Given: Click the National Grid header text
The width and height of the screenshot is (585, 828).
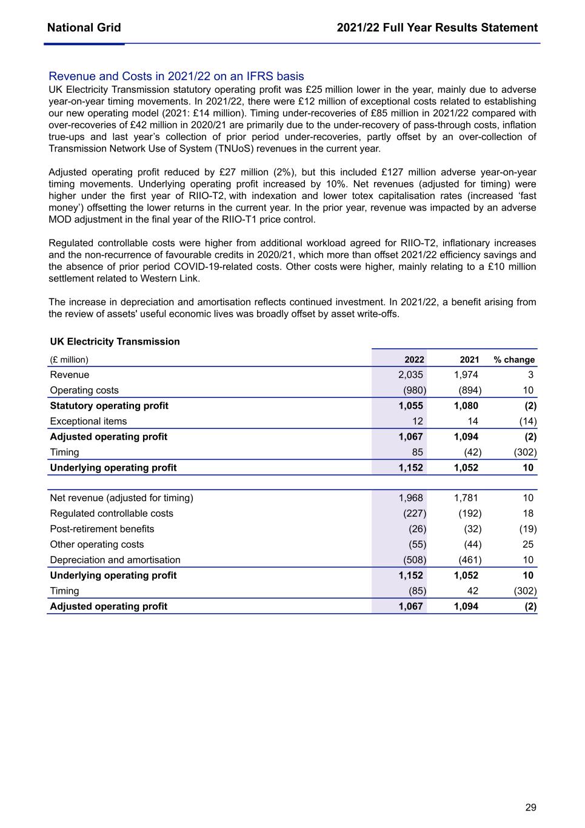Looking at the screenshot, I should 84,28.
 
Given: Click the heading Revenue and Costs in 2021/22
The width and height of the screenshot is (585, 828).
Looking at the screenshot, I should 176,76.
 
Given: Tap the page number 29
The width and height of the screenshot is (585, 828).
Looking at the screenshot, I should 530,807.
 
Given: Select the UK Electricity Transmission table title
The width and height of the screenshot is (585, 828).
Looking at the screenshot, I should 115,342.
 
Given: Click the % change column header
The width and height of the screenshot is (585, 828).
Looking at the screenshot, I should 514,360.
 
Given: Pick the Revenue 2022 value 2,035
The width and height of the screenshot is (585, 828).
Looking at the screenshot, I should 410,375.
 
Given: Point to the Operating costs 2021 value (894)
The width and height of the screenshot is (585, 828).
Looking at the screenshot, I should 470,391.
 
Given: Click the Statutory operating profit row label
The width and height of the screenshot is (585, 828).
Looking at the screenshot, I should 109,406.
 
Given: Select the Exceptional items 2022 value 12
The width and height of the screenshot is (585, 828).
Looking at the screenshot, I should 418,422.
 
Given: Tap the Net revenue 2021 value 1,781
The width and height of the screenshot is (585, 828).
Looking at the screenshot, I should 466,498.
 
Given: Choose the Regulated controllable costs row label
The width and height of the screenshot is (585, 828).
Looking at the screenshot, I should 112,514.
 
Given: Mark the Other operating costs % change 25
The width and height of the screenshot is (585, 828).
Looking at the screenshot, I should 527,545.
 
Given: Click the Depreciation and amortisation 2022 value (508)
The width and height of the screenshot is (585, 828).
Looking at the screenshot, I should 415,560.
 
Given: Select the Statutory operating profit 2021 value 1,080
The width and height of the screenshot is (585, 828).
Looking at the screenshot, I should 466,406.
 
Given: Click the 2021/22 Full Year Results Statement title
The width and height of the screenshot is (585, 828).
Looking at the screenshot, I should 437,28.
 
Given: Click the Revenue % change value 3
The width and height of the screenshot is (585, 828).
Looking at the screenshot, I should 530,375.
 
